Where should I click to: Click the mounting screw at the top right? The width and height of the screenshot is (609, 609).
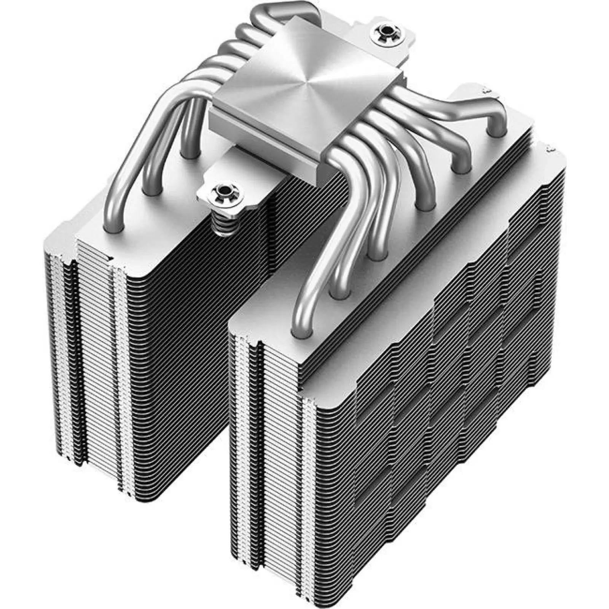tap(386, 31)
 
